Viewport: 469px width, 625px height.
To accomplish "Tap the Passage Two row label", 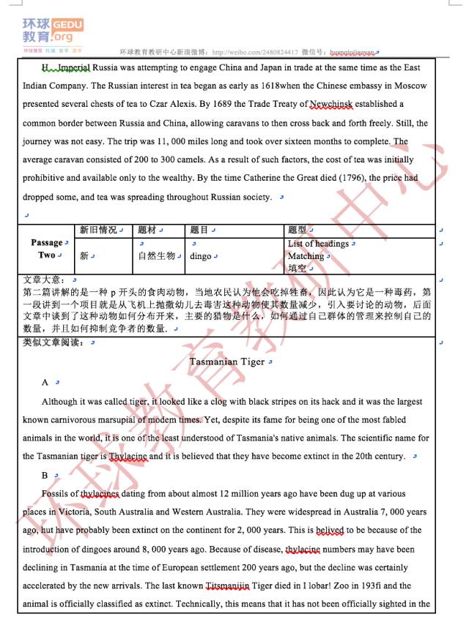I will point(46,249).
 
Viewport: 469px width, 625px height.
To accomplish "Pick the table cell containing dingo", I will point(201,256).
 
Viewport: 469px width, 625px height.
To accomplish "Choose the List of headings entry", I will point(318,244).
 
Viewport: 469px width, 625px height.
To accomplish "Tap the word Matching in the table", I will point(306,256).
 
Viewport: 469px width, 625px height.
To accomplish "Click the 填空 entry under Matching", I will point(297,269).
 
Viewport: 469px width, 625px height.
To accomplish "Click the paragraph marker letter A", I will point(45,382).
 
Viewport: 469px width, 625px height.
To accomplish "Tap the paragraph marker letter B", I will point(45,476).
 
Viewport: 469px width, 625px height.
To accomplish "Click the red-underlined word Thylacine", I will point(128,457).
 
